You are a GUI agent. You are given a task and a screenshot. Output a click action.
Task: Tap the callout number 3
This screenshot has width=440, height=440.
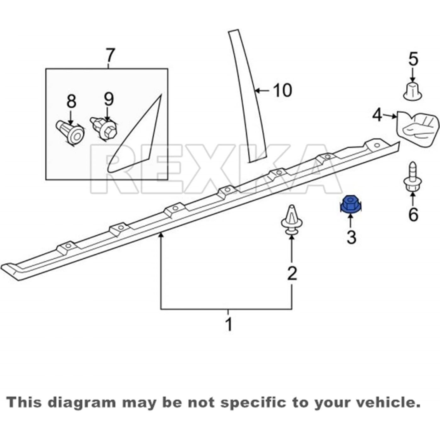pos(351,237)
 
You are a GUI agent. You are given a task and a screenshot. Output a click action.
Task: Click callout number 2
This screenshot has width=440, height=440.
pos(292,273)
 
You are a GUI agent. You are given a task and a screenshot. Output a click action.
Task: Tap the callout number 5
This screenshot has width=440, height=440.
pos(413,59)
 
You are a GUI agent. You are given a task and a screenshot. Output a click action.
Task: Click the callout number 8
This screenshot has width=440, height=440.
pos(71,101)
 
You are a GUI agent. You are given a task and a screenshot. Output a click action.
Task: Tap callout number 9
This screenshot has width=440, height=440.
pos(109,99)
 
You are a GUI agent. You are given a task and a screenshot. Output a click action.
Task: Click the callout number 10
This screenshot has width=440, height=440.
pos(282,91)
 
